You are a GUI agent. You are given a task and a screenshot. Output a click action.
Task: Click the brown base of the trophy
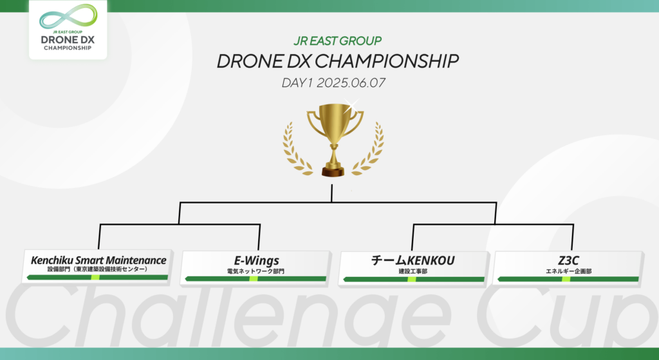(x=333, y=171)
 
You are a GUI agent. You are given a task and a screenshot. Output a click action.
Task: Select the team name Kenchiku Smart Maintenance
(x=98, y=260)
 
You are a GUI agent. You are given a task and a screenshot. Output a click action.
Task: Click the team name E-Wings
(x=256, y=261)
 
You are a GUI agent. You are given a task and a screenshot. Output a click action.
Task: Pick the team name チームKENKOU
(x=413, y=261)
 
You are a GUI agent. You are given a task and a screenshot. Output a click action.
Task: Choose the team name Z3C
(x=568, y=261)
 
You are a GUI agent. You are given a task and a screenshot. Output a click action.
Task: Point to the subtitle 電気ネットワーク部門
(x=255, y=271)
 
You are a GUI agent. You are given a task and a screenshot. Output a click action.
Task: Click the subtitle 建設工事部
(x=413, y=271)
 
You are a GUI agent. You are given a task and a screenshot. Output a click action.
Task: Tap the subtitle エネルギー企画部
(x=568, y=271)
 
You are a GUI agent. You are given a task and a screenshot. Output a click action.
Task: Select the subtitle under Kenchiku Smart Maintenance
(x=98, y=269)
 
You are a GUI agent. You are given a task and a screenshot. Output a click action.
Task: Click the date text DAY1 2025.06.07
(x=333, y=83)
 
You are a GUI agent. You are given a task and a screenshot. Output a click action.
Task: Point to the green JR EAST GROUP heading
(x=337, y=41)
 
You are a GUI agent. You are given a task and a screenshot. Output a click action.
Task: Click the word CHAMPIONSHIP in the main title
(x=386, y=61)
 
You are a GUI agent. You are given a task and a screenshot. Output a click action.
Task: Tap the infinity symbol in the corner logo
(x=68, y=17)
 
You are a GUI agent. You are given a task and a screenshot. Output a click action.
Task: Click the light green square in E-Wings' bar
(x=254, y=279)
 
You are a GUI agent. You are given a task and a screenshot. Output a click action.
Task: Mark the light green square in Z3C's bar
(x=566, y=279)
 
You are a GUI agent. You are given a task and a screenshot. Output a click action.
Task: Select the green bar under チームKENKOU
(x=414, y=279)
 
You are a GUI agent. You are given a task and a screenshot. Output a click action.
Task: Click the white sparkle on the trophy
(x=351, y=106)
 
